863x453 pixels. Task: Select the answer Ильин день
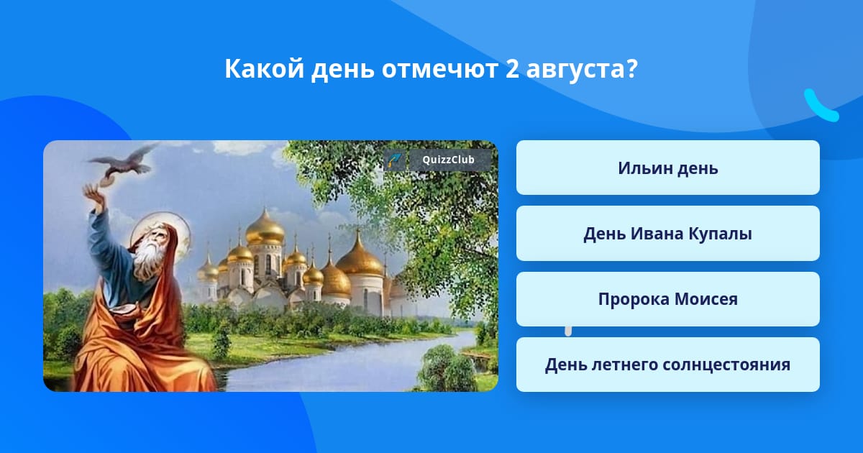pos(667,168)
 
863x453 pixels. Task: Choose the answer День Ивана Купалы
pos(667,234)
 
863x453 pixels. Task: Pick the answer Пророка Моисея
pos(667,299)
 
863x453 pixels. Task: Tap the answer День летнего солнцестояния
pos(667,365)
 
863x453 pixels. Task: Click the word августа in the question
pos(575,69)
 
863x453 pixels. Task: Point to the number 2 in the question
pos(512,68)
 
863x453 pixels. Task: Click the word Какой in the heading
pos(265,68)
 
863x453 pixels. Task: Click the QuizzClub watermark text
pos(448,160)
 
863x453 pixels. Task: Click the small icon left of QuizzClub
pos(395,160)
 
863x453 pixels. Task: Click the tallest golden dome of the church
pos(265,228)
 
